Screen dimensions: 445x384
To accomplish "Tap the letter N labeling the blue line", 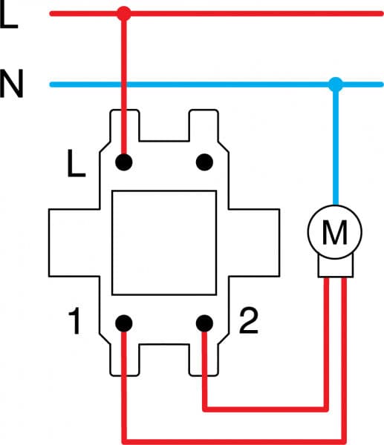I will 12,85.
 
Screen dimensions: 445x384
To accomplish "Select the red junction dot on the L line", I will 124,13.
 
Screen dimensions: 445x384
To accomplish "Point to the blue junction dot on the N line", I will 335,84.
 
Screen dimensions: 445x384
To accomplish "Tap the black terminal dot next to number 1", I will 124,323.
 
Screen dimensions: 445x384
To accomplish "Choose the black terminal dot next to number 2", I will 204,323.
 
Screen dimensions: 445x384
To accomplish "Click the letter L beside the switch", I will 76,165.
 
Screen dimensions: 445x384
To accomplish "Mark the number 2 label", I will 249,321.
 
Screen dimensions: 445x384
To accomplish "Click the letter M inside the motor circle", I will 335,234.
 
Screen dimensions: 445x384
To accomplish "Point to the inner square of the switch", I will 163,241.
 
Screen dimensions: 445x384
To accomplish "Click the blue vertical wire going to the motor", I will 335,148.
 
